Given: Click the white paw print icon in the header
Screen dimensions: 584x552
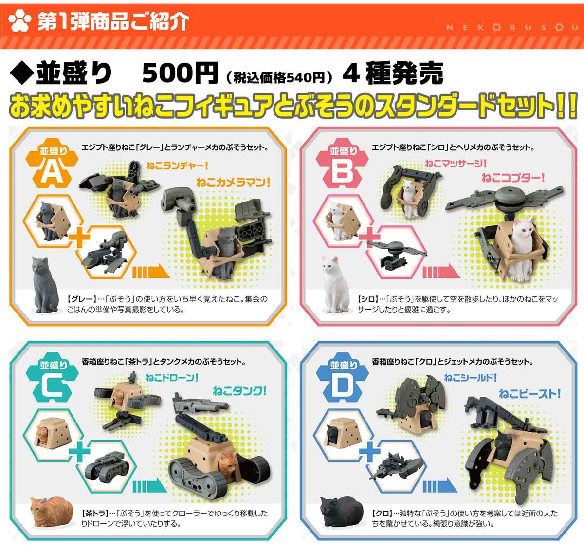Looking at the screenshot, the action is click(19, 20).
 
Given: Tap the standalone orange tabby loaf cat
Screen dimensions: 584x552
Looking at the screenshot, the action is click(52, 512).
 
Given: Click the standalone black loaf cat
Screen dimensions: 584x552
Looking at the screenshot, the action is click(342, 512).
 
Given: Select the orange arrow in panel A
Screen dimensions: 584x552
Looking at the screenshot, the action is click(151, 271).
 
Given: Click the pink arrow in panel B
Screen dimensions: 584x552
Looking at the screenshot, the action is click(441, 271).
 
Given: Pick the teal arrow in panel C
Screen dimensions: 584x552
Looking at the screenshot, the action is click(150, 485).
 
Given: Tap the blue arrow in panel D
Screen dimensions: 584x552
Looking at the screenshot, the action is click(440, 485).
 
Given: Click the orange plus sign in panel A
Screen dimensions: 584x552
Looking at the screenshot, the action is click(79, 237).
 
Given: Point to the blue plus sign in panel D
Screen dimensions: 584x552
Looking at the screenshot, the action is click(370, 451).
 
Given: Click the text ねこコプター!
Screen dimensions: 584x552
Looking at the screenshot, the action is click(513, 178).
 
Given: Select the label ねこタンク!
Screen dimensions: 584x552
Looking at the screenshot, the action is click(239, 391).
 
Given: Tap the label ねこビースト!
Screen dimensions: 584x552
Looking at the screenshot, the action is click(530, 394).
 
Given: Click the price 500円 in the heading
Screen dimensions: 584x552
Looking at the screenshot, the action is click(180, 74).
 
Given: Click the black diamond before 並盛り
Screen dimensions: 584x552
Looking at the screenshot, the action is click(22, 74).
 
